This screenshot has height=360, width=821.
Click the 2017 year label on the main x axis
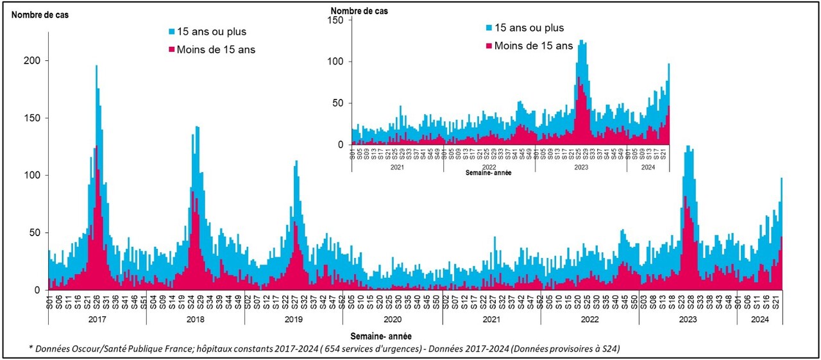pyautogui.click(x=97, y=320)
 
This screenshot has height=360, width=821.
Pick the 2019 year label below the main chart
pyautogui.click(x=294, y=320)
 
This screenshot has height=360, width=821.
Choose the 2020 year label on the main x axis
pyautogui.click(x=393, y=320)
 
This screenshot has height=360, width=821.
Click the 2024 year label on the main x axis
pyautogui.click(x=759, y=320)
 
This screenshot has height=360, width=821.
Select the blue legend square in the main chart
pyautogui.click(x=172, y=31)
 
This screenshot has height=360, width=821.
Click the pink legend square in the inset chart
pyautogui.click(x=490, y=46)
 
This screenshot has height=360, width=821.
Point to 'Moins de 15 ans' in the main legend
pyautogui.click(x=216, y=49)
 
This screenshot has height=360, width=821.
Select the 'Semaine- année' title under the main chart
pyautogui.click(x=381, y=336)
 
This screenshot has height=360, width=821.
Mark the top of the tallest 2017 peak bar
pyautogui.click(x=96, y=65)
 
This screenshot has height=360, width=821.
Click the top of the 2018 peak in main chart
pyautogui.click(x=197, y=126)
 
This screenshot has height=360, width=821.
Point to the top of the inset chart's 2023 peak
pyautogui.click(x=581, y=40)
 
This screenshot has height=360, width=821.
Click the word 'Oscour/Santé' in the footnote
pyautogui.click(x=98, y=348)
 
